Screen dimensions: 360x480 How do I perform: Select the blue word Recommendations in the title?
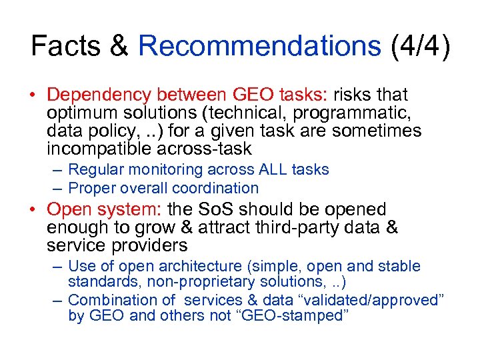tap(259, 47)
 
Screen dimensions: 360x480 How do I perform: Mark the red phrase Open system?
tap(105, 210)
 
